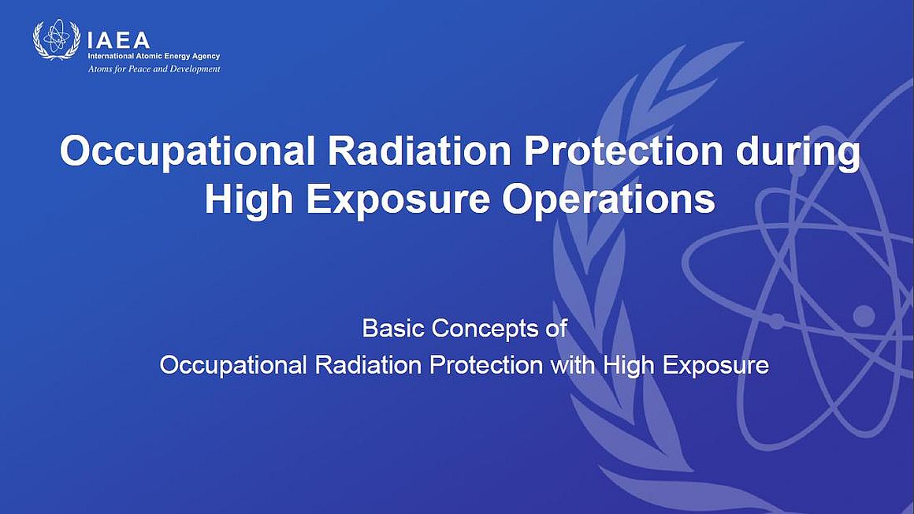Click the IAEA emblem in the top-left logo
[57, 39]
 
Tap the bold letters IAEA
[118, 40]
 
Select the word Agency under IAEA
[206, 57]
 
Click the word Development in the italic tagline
[194, 69]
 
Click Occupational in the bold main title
[188, 151]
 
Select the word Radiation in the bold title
[419, 151]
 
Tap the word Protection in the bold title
[623, 151]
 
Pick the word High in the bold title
[249, 201]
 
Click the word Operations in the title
[608, 200]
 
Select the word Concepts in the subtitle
[485, 330]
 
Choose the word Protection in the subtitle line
[486, 365]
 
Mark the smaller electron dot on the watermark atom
[776, 322]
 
